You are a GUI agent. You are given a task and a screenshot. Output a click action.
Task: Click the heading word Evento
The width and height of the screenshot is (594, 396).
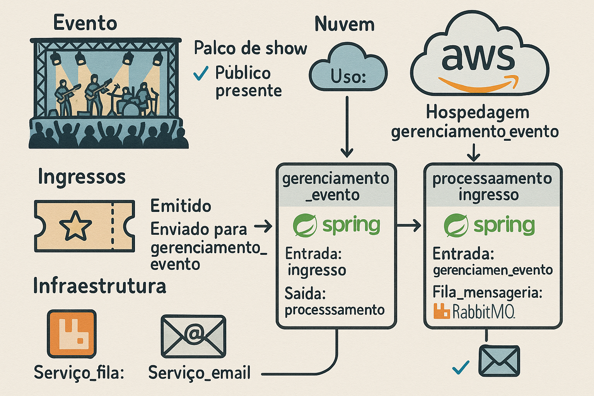click(85, 23)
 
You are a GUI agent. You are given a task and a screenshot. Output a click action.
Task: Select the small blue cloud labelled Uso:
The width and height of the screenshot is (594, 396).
click(348, 70)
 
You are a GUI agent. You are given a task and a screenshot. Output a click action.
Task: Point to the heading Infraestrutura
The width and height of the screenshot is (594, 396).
click(100, 286)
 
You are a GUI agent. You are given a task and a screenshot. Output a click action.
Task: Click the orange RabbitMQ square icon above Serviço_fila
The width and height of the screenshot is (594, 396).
click(72, 333)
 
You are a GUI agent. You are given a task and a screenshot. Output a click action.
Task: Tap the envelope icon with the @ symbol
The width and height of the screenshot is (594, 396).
click(193, 336)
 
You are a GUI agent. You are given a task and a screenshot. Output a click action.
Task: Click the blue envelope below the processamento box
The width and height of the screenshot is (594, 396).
click(499, 360)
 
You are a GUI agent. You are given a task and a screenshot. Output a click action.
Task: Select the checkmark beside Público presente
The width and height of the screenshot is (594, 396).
click(200, 72)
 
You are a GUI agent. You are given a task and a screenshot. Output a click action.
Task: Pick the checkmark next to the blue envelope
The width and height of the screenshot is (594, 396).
click(461, 367)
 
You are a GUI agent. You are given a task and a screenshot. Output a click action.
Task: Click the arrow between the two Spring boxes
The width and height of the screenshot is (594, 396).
click(409, 225)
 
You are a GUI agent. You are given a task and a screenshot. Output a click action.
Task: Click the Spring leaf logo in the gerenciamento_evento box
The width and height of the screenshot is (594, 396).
click(305, 225)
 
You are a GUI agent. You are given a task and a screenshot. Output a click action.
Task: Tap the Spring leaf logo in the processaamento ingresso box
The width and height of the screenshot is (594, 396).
click(456, 225)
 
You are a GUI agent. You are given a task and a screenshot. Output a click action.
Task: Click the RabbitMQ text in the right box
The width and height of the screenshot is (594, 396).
click(483, 311)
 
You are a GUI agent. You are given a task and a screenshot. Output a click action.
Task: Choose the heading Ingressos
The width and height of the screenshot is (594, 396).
click(82, 177)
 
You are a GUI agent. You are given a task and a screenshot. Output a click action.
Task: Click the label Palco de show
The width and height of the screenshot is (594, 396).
click(250, 48)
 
